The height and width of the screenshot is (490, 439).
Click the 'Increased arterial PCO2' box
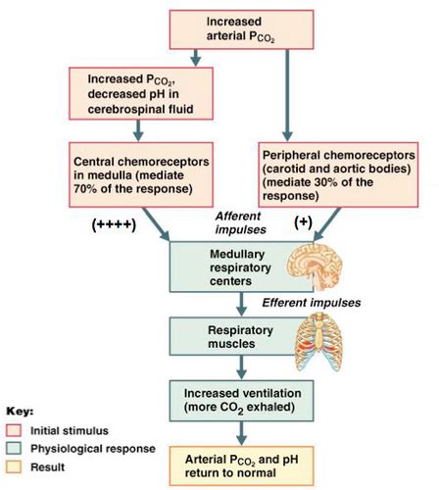click(x=241, y=29)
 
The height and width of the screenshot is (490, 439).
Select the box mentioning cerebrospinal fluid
click(x=141, y=94)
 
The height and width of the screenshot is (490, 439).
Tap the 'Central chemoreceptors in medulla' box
click(x=141, y=174)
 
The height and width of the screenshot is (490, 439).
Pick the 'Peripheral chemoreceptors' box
click(x=338, y=174)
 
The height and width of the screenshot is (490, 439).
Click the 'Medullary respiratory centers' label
click(x=240, y=268)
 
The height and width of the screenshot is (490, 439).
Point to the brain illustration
click(x=315, y=267)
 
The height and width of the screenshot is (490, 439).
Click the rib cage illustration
click(x=318, y=342)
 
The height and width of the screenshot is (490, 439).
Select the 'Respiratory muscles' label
click(x=240, y=337)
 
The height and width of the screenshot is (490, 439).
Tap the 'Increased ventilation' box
click(x=241, y=401)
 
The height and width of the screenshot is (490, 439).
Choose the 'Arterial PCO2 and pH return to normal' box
click(x=241, y=466)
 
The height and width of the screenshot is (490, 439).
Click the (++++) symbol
click(x=114, y=225)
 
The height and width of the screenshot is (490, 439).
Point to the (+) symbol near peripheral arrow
click(x=303, y=222)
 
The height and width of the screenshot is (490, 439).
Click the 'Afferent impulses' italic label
click(x=240, y=222)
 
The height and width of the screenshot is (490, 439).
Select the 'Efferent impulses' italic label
click(x=312, y=303)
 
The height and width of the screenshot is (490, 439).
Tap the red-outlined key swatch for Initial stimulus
click(x=14, y=430)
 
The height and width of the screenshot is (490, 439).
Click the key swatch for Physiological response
click(x=14, y=449)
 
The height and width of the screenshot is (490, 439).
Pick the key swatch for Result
click(x=14, y=466)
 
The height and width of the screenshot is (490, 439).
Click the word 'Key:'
click(x=20, y=412)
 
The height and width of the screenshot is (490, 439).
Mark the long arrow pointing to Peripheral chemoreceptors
click(x=287, y=95)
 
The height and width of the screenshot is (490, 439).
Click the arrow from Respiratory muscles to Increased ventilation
click(x=241, y=367)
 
